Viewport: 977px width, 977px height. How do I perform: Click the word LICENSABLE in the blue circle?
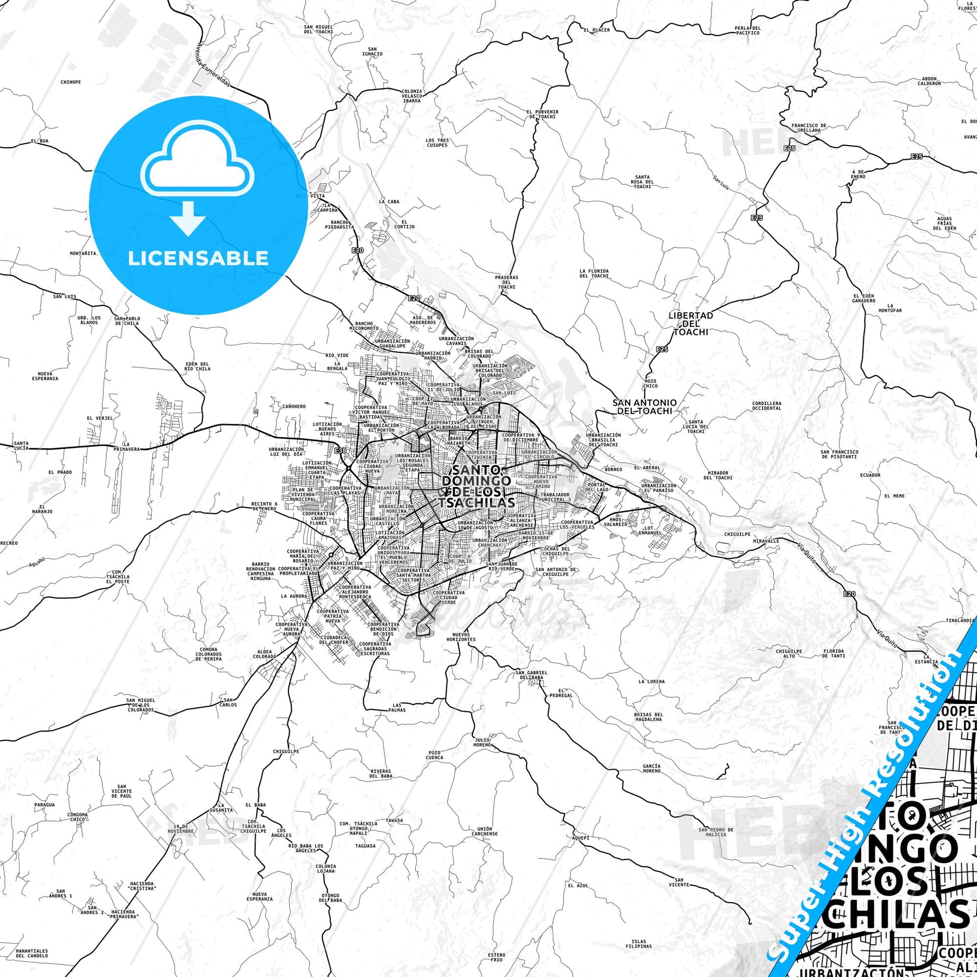pyautogui.click(x=198, y=259)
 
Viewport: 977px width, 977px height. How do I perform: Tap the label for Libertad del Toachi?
pyautogui.click(x=690, y=324)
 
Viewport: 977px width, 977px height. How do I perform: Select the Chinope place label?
pyautogui.click(x=71, y=81)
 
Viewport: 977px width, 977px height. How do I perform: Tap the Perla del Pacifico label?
pyautogui.click(x=748, y=30)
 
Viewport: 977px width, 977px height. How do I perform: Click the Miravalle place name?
pyautogui.click(x=766, y=541)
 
